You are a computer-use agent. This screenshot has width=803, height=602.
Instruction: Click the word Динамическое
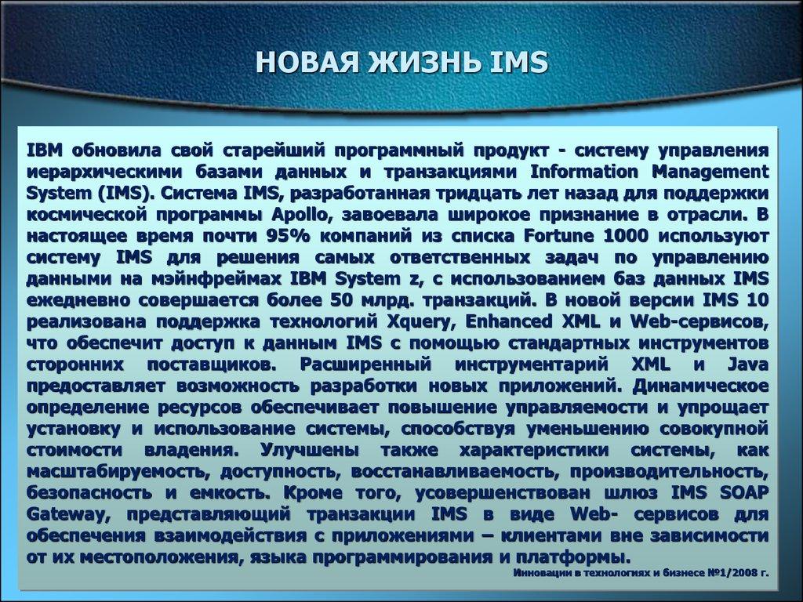(x=701, y=386)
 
